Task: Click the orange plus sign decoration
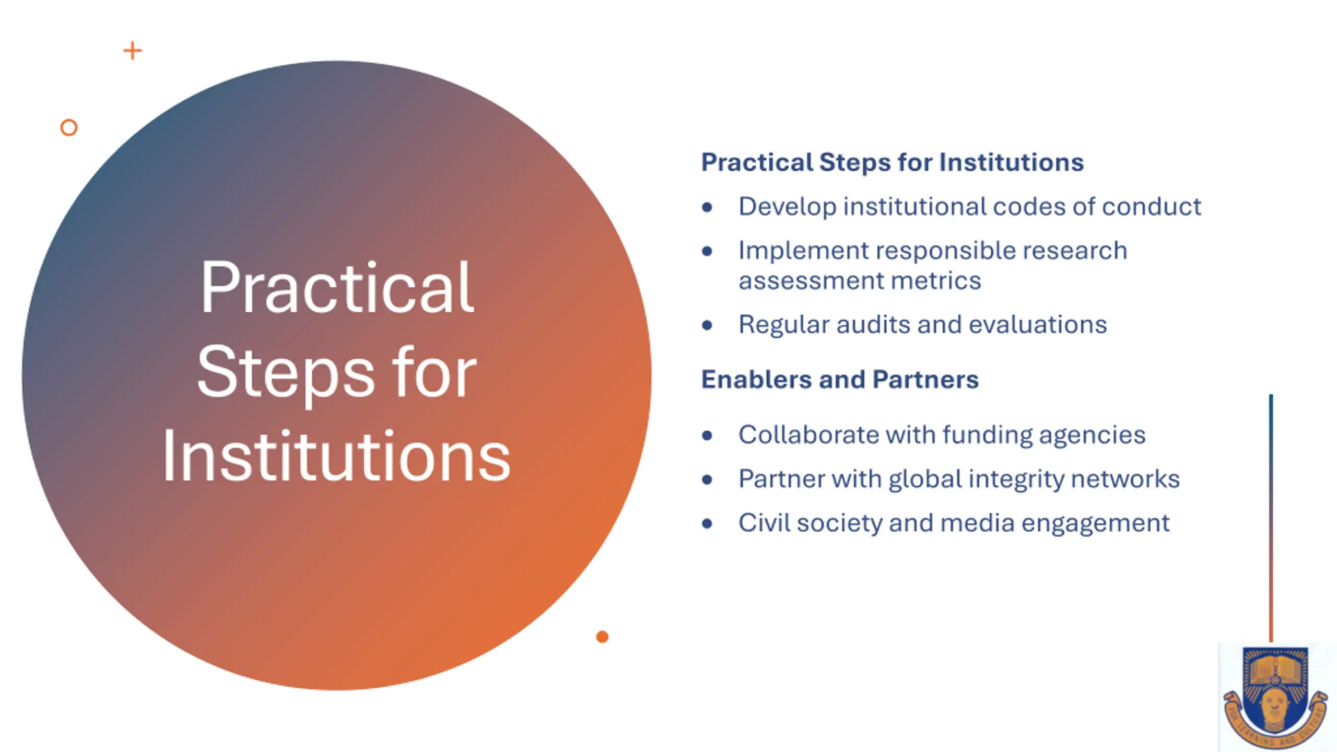133,51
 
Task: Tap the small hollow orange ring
69,127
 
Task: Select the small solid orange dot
602,637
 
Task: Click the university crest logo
1275,697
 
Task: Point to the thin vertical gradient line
1271,518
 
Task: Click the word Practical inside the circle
337,288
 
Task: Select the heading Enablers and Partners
840,380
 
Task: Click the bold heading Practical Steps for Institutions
893,162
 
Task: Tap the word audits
873,324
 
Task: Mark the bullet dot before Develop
707,207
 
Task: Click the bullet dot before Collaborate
707,436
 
